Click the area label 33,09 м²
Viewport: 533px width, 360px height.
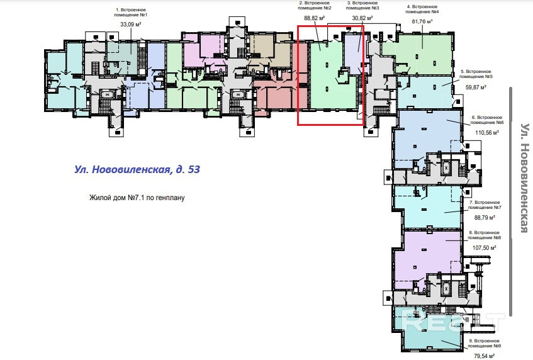[130, 26]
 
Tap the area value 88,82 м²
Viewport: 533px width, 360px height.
[314, 19]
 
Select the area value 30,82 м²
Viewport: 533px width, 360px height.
[362, 19]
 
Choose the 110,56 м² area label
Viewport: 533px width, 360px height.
[486, 133]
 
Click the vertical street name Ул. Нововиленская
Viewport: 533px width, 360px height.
[523, 177]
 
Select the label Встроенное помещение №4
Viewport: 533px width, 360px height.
[422, 9]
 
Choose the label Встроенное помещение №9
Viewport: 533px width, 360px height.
[485, 344]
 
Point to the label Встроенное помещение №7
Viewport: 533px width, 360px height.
[485, 205]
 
